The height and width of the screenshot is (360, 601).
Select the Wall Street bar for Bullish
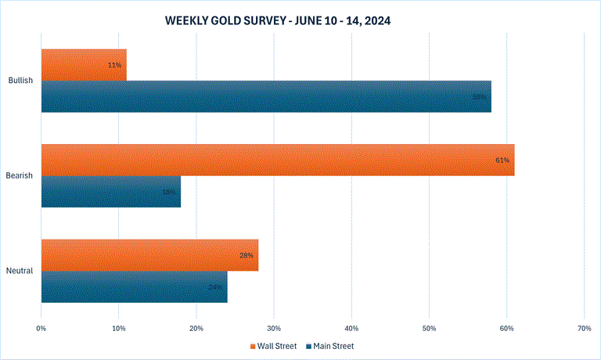83,64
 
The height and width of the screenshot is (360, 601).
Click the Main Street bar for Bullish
266,96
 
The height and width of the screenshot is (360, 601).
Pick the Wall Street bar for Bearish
277,160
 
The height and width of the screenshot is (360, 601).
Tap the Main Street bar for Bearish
110,192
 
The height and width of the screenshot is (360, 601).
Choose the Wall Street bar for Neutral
149,255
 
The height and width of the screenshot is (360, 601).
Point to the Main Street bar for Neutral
134,286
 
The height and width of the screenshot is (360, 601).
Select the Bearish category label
20,176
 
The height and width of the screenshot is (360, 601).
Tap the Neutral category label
20,272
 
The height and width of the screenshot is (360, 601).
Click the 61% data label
502,160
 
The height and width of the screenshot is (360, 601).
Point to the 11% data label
114,65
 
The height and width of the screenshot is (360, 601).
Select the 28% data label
245,256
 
